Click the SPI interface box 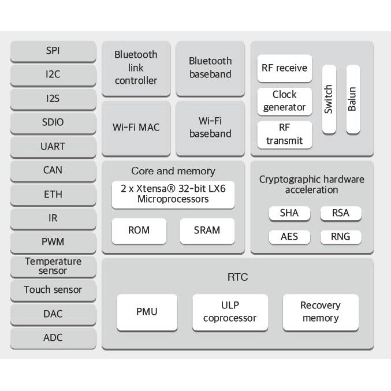[53, 51]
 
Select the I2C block [53, 75]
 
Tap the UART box [53, 146]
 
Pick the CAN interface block [53, 170]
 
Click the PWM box [53, 242]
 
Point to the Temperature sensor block [53, 266]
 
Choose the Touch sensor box [53, 290]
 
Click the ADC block [53, 338]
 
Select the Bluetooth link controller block [136, 68]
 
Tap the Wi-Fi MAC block [136, 127]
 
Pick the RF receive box [284, 68]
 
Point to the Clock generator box [284, 101]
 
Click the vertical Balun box [352, 99]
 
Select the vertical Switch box [329, 99]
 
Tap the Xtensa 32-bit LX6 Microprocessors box [173, 194]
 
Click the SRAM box [207, 230]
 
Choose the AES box [289, 237]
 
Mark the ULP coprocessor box [230, 312]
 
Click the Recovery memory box [321, 312]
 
